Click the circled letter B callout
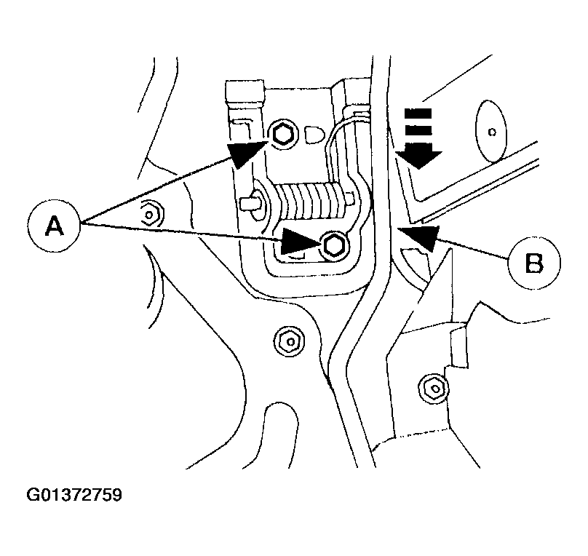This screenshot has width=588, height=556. click(x=534, y=261)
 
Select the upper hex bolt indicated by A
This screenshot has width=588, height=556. click(x=282, y=133)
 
